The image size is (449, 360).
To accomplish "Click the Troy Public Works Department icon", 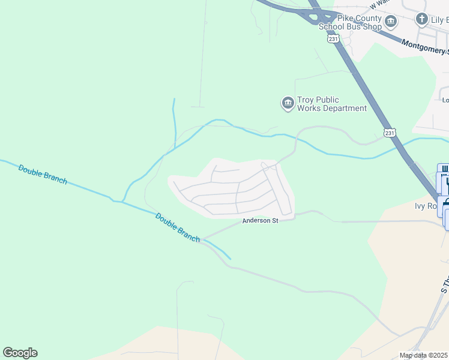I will (x=288, y=104).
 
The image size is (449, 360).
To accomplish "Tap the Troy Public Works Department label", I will (x=331, y=104).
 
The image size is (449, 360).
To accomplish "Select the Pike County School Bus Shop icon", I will (x=391, y=22).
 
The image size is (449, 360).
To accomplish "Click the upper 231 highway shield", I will (x=333, y=38).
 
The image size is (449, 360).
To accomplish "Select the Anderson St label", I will (x=260, y=221).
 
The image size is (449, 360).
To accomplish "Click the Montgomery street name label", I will (x=424, y=47).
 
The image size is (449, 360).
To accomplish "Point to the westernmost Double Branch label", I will (x=43, y=174).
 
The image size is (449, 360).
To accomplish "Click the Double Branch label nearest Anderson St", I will (x=177, y=227).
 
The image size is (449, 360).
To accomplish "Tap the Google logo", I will (x=20, y=353).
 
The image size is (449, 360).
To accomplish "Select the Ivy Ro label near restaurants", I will (x=426, y=206).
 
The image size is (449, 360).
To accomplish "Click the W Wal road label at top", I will (x=380, y=5).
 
